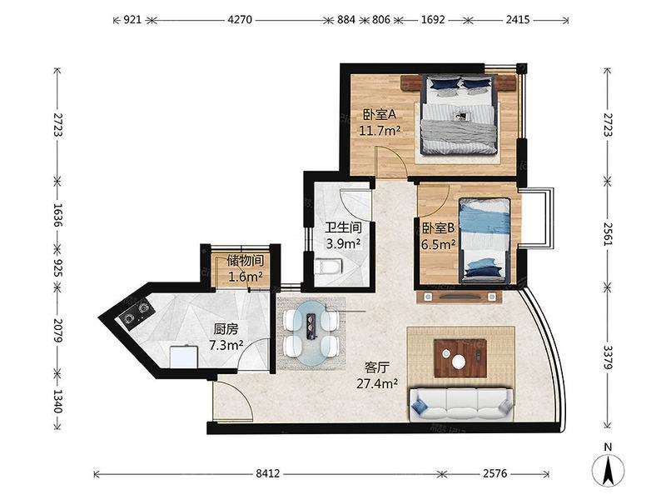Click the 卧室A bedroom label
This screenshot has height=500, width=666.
[x=379, y=114]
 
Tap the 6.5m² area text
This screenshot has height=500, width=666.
[x=439, y=245]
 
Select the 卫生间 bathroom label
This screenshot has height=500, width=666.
[x=343, y=227]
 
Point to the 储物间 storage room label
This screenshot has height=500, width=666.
[x=246, y=261]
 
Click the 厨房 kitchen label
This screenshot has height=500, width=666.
[x=226, y=329]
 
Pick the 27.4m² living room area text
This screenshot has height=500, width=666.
[x=377, y=384]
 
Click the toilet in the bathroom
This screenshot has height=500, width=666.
[x=327, y=267]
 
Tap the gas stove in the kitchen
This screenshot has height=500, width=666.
[x=136, y=312]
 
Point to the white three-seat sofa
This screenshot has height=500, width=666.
[x=461, y=403]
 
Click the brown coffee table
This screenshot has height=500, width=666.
[x=460, y=357]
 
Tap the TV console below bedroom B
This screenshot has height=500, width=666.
[x=460, y=297]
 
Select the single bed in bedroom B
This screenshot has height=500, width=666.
[x=485, y=240]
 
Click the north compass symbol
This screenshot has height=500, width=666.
[x=609, y=468]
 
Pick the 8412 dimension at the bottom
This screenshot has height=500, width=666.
[x=267, y=473]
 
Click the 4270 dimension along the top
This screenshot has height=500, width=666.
[x=240, y=19]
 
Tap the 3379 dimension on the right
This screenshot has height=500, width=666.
[x=608, y=357]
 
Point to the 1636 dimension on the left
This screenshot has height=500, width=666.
[x=57, y=215]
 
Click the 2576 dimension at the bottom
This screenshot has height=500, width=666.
[x=495, y=473]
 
